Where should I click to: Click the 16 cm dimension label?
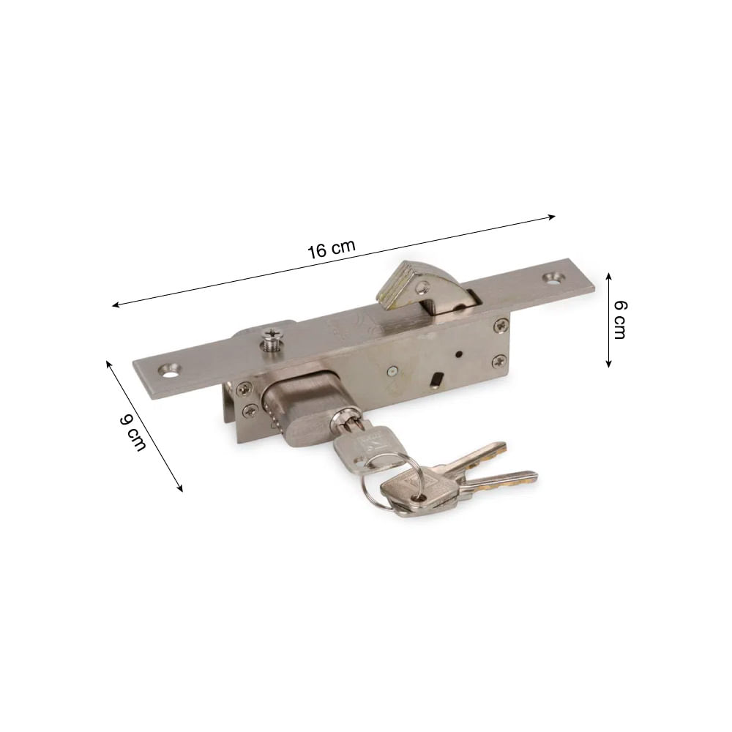[x=332, y=250]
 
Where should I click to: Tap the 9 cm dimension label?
[x=132, y=433]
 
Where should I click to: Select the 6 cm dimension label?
[x=619, y=320]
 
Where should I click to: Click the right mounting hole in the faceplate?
[x=554, y=277]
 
